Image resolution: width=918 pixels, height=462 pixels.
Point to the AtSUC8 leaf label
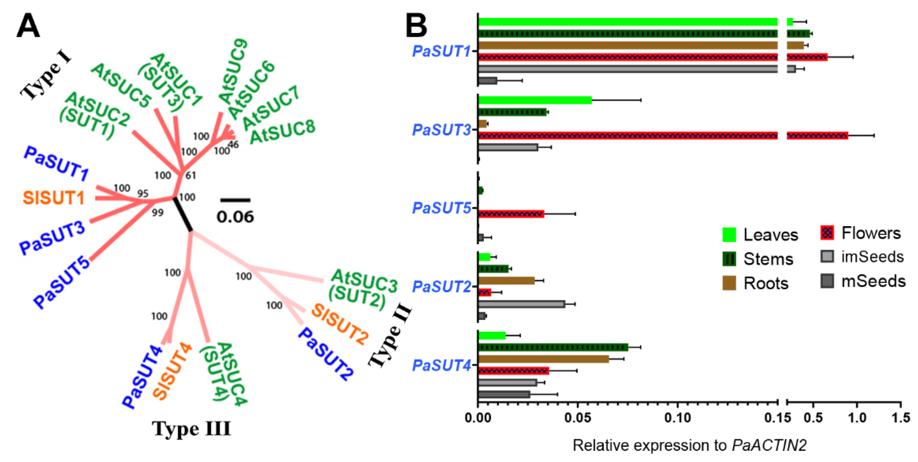point(283,132)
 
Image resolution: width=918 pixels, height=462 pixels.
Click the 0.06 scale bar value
point(235,217)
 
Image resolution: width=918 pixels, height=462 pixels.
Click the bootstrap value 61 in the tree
point(191,175)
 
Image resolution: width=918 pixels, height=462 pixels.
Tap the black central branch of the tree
point(183,214)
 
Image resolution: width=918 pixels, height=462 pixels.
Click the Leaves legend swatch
point(729,235)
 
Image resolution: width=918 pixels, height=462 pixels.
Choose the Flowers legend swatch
point(827,233)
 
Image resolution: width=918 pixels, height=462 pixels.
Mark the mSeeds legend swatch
point(827,281)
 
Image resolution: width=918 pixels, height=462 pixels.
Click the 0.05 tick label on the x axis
point(577,418)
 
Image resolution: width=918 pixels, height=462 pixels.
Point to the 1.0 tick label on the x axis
point(857,418)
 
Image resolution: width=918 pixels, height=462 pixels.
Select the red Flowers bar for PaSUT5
point(511,214)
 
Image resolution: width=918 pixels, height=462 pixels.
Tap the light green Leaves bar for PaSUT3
point(535,100)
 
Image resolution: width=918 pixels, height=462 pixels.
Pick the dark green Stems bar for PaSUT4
point(553,347)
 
